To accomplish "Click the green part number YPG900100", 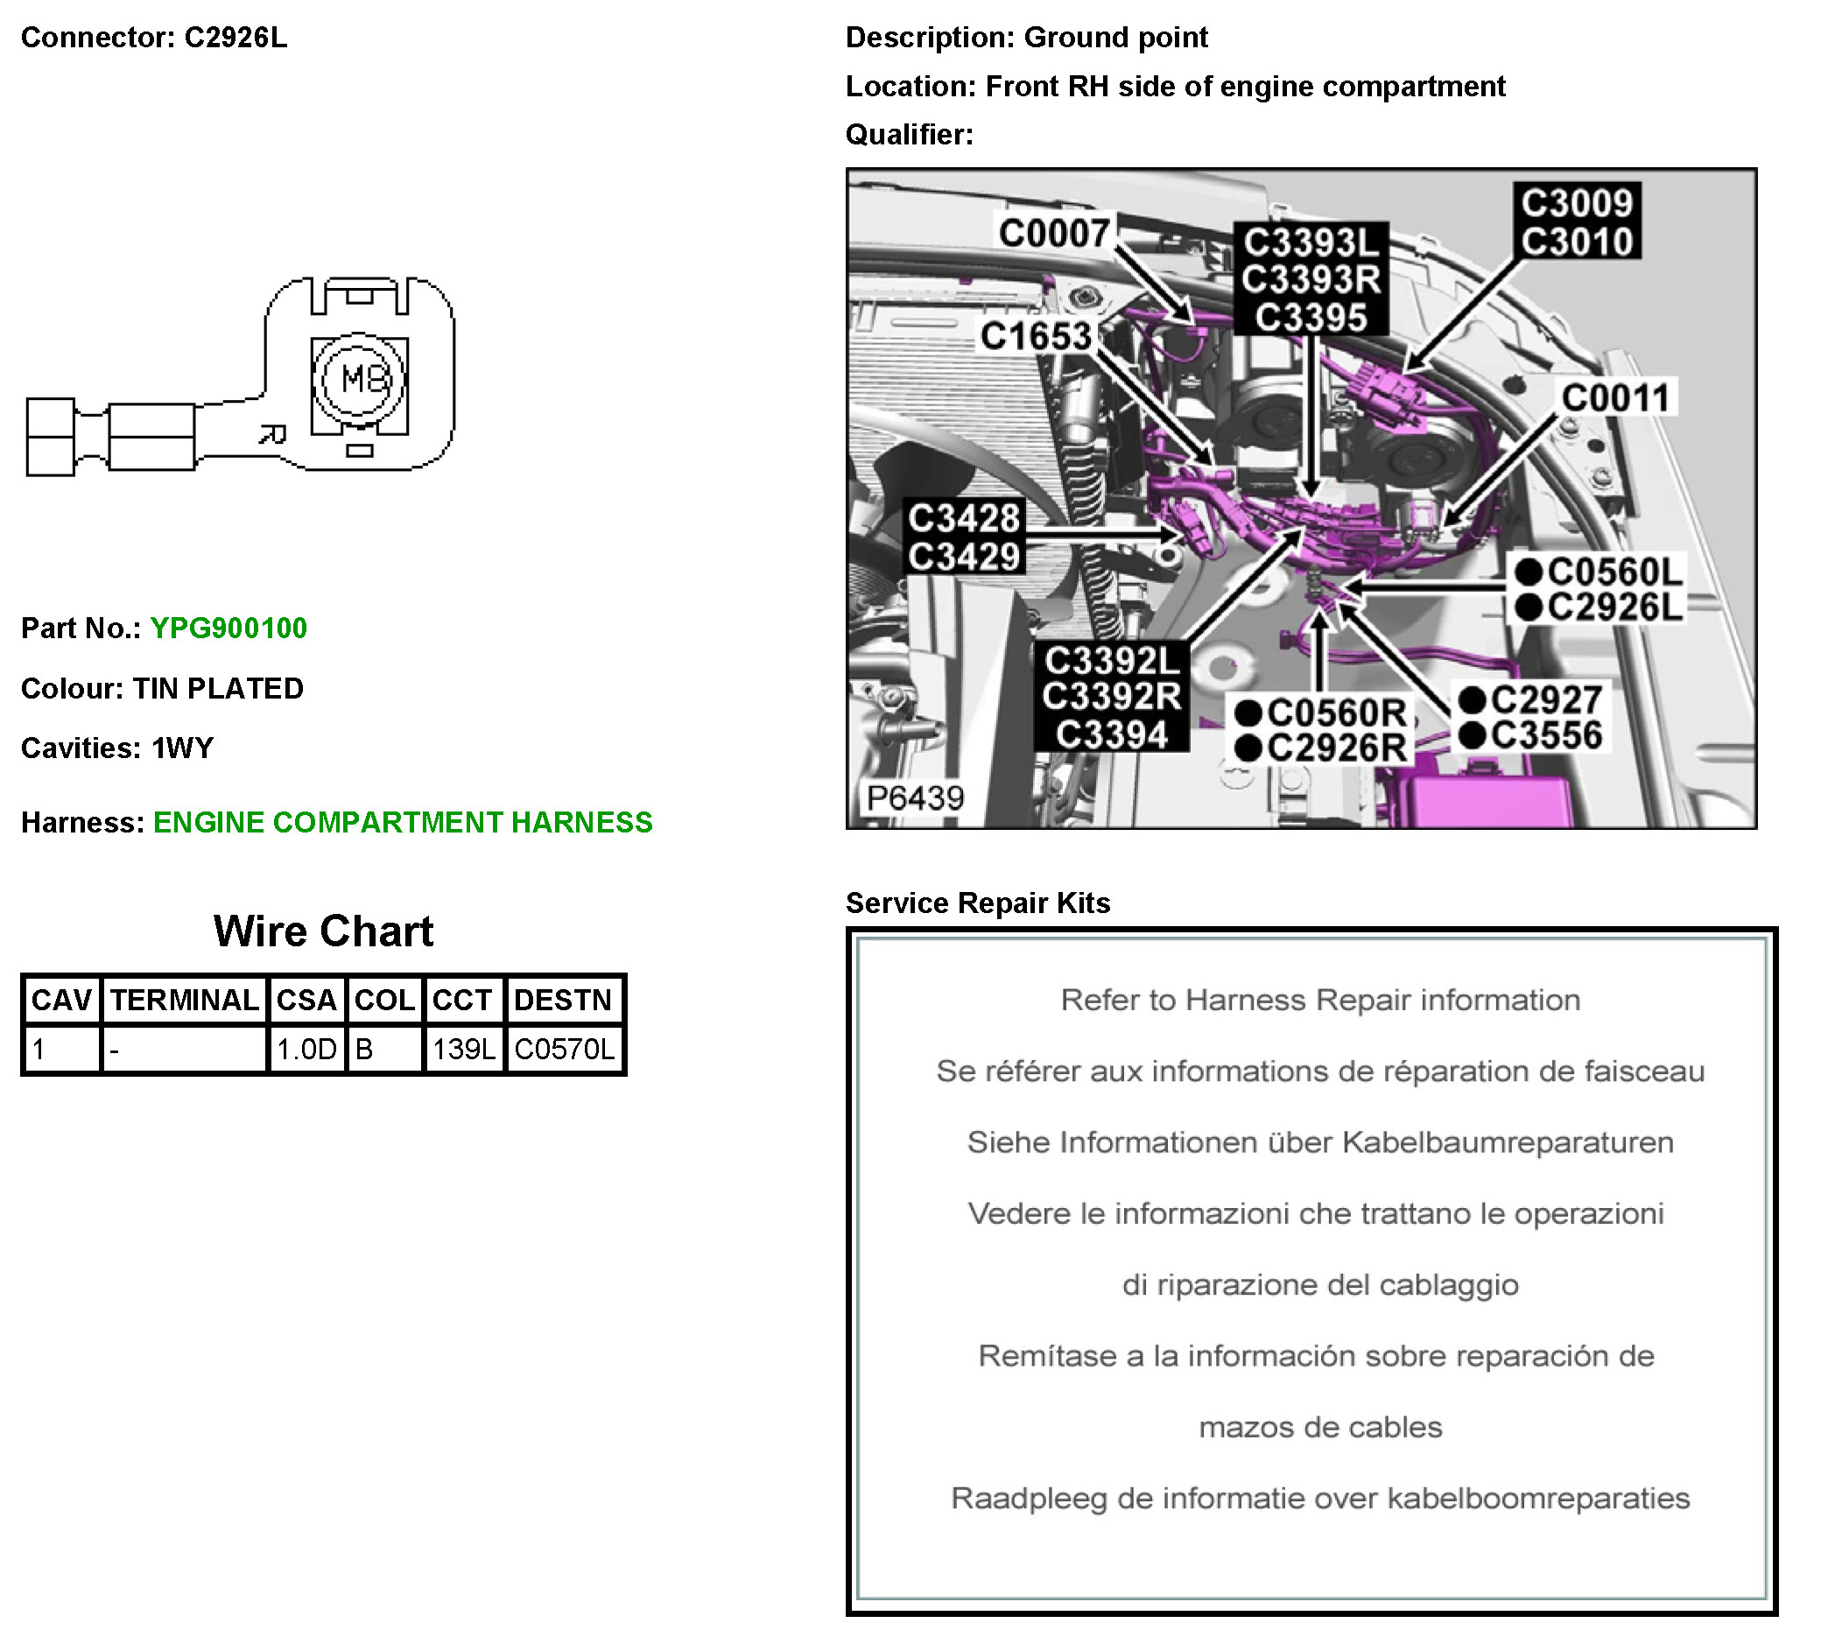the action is (x=229, y=628).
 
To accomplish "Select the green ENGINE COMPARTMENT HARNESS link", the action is (x=403, y=822).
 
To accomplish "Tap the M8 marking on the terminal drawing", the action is (x=362, y=379).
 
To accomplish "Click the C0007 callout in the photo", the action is (x=1053, y=233).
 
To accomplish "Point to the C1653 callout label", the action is (x=1036, y=336).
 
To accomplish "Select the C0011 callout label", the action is (x=1616, y=397).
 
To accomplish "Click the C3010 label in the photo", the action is (x=1578, y=241).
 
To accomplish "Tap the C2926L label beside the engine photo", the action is (x=1614, y=607).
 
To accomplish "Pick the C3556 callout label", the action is (x=1546, y=734).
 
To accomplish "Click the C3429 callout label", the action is (x=964, y=556).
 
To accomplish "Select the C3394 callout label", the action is (x=1112, y=734).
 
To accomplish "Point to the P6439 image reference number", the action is (x=915, y=797).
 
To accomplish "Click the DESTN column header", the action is (x=562, y=1000).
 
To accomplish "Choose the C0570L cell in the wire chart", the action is (x=564, y=1049).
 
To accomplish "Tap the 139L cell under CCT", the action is (x=463, y=1049).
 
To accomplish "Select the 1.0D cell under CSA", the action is (x=306, y=1049).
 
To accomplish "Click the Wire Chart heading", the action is (x=323, y=931).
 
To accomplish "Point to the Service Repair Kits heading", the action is (x=978, y=903).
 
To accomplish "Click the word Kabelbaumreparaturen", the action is (x=1508, y=1142).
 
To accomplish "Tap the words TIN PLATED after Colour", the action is (x=218, y=688).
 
